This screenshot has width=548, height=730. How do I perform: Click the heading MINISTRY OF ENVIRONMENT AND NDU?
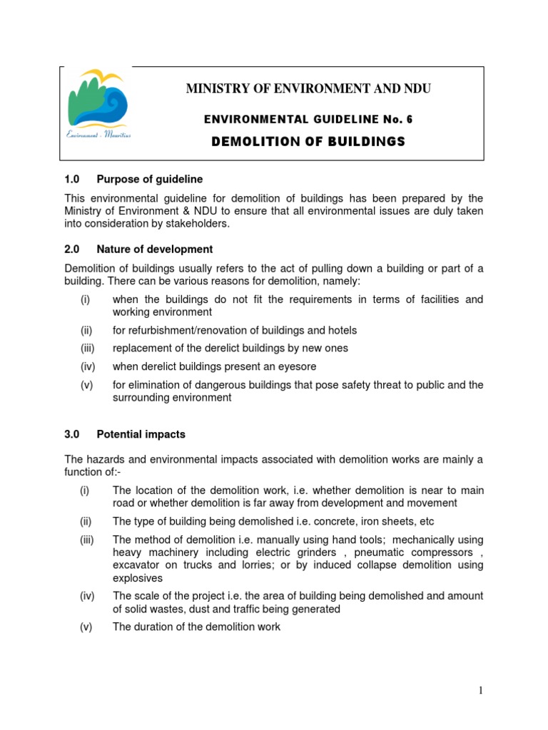click(x=308, y=89)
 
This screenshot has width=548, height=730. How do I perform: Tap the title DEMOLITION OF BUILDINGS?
click(x=308, y=142)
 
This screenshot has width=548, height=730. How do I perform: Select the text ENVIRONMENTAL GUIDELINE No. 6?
click(x=308, y=119)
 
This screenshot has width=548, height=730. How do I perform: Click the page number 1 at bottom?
click(x=481, y=689)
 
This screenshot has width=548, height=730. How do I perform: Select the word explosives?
click(x=138, y=578)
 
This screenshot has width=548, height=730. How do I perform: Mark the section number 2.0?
click(x=72, y=250)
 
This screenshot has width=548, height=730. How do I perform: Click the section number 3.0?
click(x=72, y=433)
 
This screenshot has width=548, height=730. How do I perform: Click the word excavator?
click(x=137, y=565)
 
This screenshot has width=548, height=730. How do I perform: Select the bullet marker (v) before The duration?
click(x=86, y=627)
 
